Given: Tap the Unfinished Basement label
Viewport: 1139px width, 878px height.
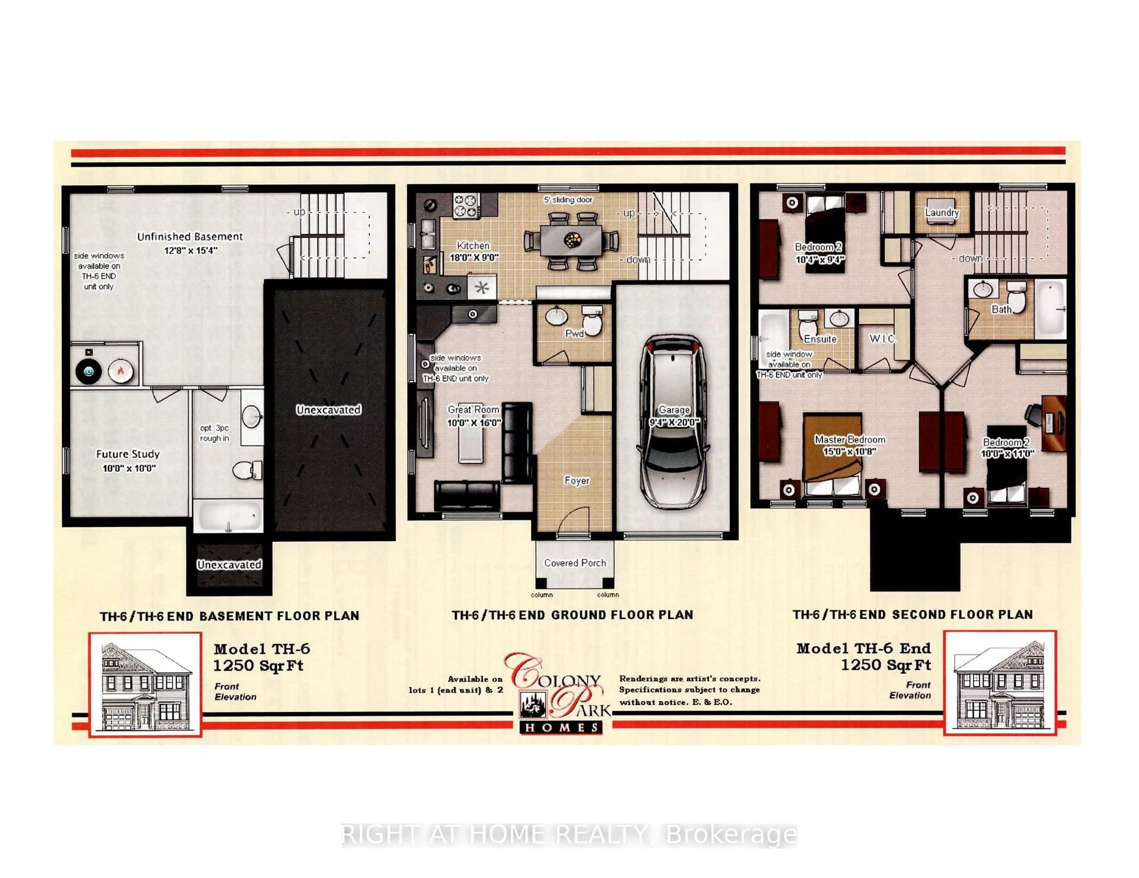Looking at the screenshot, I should click(190, 237).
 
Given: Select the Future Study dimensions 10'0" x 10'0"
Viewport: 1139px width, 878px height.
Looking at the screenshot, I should click(129, 468).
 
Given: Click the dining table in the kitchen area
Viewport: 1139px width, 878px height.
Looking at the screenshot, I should click(572, 240).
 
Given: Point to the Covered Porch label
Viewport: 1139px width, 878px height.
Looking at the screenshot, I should click(575, 563).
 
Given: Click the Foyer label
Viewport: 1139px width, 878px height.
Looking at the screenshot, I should click(577, 481).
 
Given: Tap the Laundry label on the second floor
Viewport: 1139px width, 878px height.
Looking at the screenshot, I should click(942, 213).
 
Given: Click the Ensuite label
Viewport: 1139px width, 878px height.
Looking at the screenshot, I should click(820, 339).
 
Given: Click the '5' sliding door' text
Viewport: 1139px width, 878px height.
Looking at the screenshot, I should click(568, 200).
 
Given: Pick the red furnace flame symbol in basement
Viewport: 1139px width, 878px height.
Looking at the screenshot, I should click(120, 371).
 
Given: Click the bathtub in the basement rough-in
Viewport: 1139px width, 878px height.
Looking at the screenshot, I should click(228, 516).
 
